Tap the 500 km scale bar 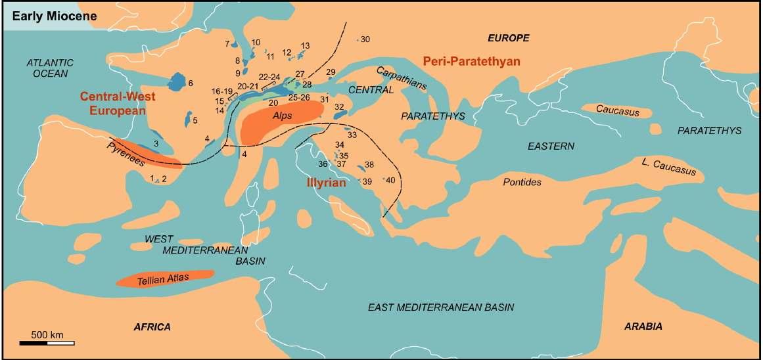pyautogui.click(x=46, y=342)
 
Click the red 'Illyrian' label pyautogui.click(x=327, y=182)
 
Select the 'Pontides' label pyautogui.click(x=522, y=182)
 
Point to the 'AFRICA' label pyautogui.click(x=152, y=326)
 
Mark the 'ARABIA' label pyautogui.click(x=643, y=326)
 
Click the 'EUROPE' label pyautogui.click(x=507, y=38)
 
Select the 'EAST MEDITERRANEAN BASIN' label pyautogui.click(x=441, y=307)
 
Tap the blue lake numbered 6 pyautogui.click(x=177, y=82)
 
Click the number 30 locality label pyautogui.click(x=365, y=39)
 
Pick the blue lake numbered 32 pyautogui.click(x=340, y=114)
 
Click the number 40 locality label pyautogui.click(x=390, y=180)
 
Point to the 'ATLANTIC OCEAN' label pyautogui.click(x=49, y=68)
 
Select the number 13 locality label pyautogui.click(x=305, y=45)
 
